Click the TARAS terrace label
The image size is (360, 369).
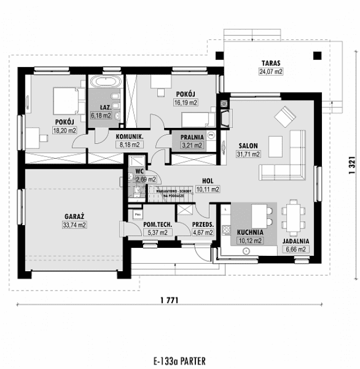pyautogui.click(x=271, y=63)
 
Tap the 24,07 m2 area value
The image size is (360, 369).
pyautogui.click(x=271, y=72)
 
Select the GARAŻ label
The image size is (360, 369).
pyautogui.click(x=74, y=217)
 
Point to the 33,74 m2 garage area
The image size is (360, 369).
pyautogui.click(x=74, y=225)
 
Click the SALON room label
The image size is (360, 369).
pyautogui.click(x=248, y=146)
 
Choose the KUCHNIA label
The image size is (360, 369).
pyautogui.click(x=250, y=233)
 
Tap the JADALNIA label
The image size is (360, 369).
pyautogui.click(x=294, y=241)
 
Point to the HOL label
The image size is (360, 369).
pyautogui.click(x=207, y=182)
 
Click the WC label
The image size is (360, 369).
pyautogui.click(x=139, y=171)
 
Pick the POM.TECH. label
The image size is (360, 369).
pyautogui.click(x=155, y=224)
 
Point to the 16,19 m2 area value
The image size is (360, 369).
pyautogui.click(x=186, y=103)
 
